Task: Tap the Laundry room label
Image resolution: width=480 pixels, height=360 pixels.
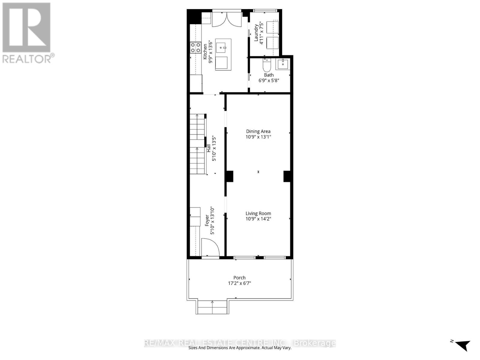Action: point(256,33)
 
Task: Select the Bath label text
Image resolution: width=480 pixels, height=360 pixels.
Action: point(269,75)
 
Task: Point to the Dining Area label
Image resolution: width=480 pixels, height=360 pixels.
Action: point(258,131)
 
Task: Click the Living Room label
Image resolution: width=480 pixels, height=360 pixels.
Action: point(258,214)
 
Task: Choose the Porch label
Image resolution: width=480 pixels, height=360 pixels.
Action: point(239,278)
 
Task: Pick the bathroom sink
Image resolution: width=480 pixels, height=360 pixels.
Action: point(283,64)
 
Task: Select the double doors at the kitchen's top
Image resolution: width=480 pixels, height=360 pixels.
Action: point(227,19)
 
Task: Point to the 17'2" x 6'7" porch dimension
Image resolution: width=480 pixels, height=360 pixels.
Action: point(239,283)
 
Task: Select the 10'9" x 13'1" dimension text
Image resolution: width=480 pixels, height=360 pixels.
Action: point(258,137)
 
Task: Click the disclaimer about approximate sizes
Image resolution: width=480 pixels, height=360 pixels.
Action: point(240,348)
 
